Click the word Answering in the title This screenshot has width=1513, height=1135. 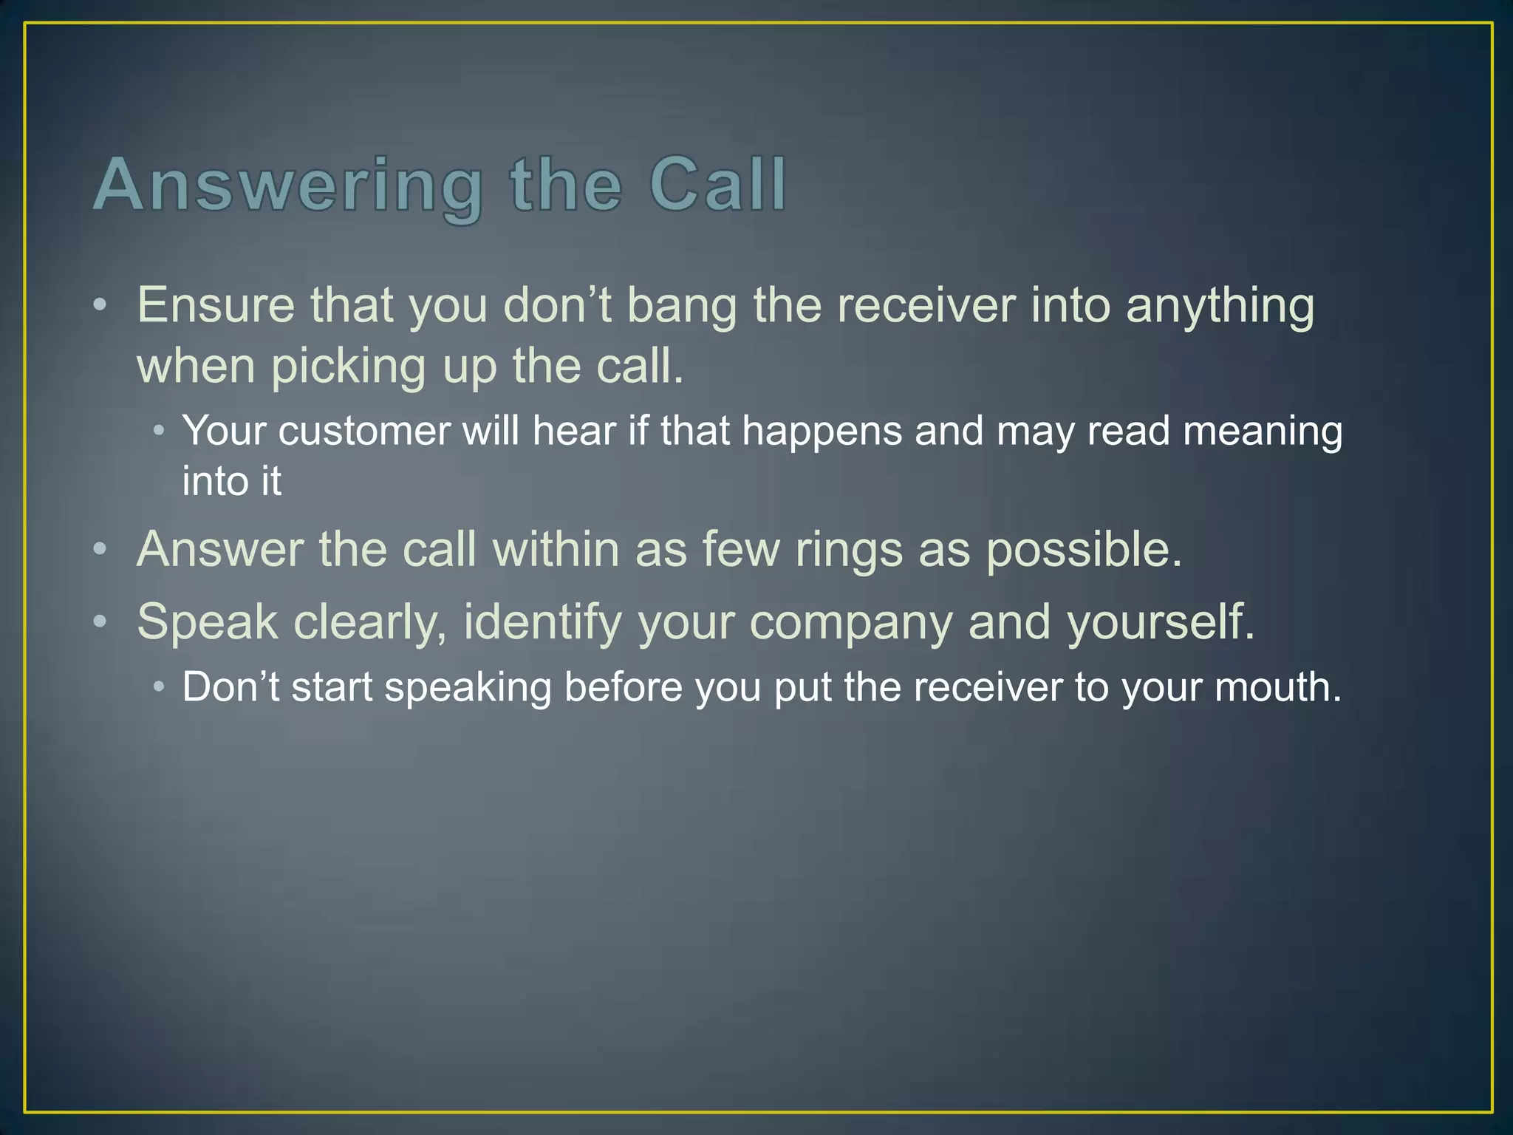[288, 186]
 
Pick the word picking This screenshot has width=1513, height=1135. [348, 368]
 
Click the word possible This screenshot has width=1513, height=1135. [1084, 551]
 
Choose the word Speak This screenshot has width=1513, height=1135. [207, 622]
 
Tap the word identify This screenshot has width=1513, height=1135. [543, 624]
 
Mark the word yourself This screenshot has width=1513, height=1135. [1161, 622]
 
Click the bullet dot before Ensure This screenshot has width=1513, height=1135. [100, 305]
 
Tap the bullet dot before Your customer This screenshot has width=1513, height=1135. [159, 430]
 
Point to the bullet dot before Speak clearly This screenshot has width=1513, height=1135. [100, 621]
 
